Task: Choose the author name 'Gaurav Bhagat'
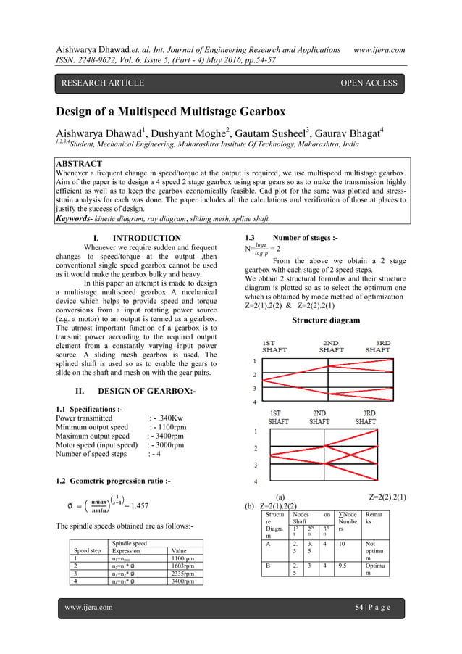tap(361, 133)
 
